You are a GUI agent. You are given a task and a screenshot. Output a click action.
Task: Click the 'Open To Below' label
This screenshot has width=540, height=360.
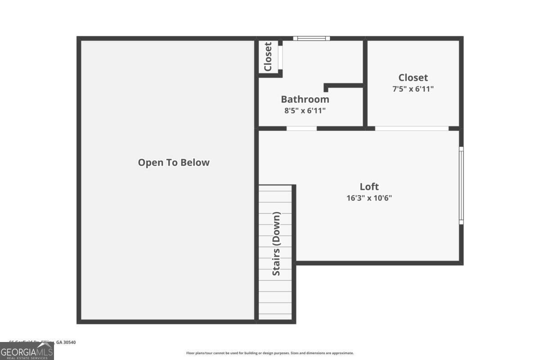tap(174, 162)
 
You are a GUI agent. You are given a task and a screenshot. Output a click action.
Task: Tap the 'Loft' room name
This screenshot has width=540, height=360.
tap(369, 186)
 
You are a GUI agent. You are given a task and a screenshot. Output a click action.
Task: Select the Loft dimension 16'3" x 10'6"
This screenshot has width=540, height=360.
tap(369, 198)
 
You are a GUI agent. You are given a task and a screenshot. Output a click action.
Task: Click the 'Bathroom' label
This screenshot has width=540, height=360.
tap(305, 99)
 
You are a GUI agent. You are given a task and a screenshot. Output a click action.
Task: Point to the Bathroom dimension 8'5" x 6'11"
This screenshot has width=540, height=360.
tap(305, 110)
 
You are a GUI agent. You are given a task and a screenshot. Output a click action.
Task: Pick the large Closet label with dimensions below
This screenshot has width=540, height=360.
tap(413, 77)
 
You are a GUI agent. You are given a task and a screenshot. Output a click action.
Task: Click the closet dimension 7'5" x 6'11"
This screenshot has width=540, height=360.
tap(413, 89)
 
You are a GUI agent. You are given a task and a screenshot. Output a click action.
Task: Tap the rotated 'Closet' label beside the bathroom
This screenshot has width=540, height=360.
tap(268, 57)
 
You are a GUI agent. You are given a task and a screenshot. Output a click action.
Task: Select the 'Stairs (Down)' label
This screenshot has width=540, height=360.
tap(276, 243)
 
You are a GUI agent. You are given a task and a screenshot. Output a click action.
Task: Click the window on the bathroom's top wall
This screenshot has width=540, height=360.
tap(311, 38)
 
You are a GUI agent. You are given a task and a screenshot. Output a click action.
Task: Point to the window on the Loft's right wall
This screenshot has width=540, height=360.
tap(461, 185)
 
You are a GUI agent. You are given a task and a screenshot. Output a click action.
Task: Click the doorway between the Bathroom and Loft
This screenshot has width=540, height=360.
tap(301, 128)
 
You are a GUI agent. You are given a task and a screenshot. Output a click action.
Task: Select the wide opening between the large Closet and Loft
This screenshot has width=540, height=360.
tap(412, 128)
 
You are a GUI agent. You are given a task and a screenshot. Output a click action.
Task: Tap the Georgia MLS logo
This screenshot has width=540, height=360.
tap(27, 351)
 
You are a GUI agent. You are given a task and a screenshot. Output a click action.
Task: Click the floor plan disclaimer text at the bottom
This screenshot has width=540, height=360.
tap(270, 353)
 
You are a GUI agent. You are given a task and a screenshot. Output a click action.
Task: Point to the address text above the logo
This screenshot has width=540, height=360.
tap(42, 342)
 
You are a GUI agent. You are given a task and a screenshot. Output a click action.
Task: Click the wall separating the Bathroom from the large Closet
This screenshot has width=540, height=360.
tap(365, 83)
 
